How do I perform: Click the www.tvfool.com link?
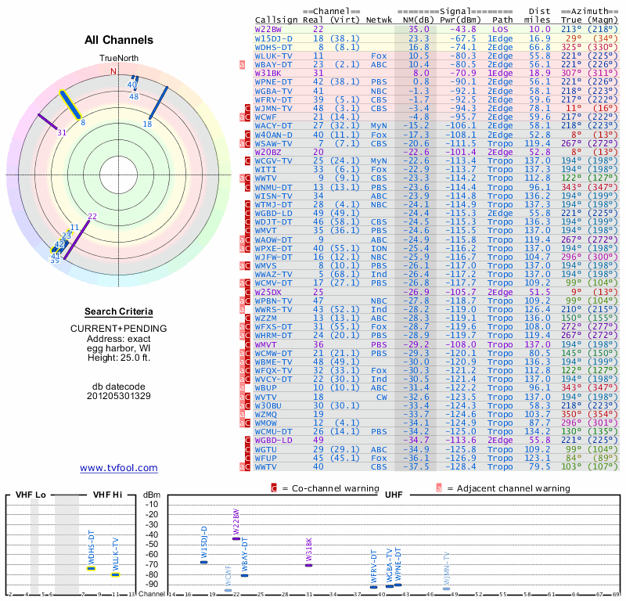[x=119, y=468]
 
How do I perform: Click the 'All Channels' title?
[x=119, y=40]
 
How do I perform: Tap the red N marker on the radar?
[x=113, y=71]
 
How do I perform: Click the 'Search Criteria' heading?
[x=119, y=311]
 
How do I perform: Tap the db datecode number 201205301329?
[x=119, y=396]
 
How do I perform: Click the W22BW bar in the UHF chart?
[x=236, y=538]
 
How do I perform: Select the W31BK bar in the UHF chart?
[x=308, y=565]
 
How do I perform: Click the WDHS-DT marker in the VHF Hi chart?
[x=91, y=568]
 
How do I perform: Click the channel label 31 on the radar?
[x=61, y=133]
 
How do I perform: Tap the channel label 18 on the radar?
[x=147, y=124]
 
